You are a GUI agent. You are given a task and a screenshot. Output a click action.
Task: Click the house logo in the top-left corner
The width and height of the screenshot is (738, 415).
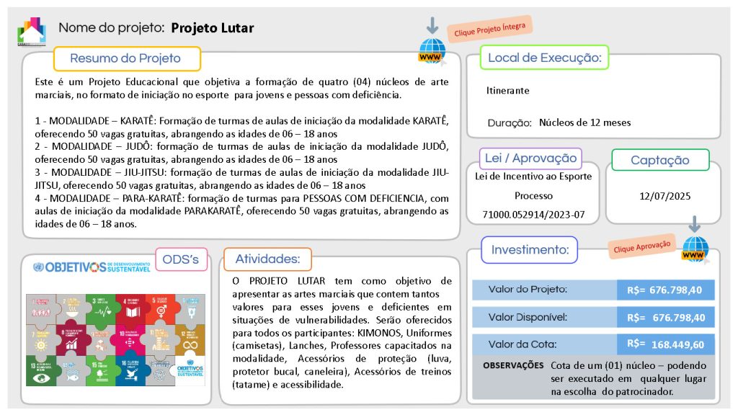pos(31,31)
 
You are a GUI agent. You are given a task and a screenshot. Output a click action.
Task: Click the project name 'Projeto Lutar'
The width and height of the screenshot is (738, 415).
pos(212,28)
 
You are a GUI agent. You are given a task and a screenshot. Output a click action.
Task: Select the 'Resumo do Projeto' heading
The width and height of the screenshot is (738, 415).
pos(125,58)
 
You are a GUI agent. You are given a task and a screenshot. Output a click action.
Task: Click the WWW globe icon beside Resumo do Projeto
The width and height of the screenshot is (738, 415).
pos(432,51)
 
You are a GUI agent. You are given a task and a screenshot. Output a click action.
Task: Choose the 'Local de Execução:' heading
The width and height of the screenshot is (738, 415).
pos(545,58)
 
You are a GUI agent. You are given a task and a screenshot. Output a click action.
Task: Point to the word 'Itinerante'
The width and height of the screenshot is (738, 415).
pos(508,91)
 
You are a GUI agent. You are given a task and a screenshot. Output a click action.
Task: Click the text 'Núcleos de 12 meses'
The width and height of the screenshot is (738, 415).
pos(584,122)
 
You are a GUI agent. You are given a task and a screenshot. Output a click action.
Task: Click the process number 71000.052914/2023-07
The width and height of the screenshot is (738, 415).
pos(534,214)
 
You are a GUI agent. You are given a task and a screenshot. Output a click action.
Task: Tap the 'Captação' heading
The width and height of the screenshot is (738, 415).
pos(659,160)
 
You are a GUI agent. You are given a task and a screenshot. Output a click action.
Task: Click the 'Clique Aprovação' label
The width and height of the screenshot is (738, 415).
pos(641,246)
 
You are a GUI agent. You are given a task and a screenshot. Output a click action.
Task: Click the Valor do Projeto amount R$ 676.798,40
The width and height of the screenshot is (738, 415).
pos(665,290)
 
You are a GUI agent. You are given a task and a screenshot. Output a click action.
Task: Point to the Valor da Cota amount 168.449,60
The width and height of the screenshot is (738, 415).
pos(677,344)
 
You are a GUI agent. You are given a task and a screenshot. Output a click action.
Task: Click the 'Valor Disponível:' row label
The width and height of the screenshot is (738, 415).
pos(528,317)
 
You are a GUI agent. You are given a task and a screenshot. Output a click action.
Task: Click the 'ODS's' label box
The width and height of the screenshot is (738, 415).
pos(181,259)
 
